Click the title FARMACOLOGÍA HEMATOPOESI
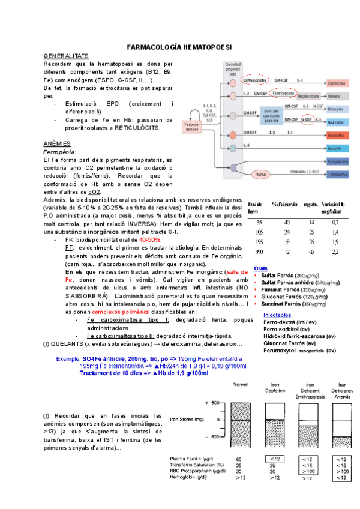click(180, 47)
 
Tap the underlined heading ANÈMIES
click(57, 144)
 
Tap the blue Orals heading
click(261, 267)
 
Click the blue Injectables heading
click(278, 315)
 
